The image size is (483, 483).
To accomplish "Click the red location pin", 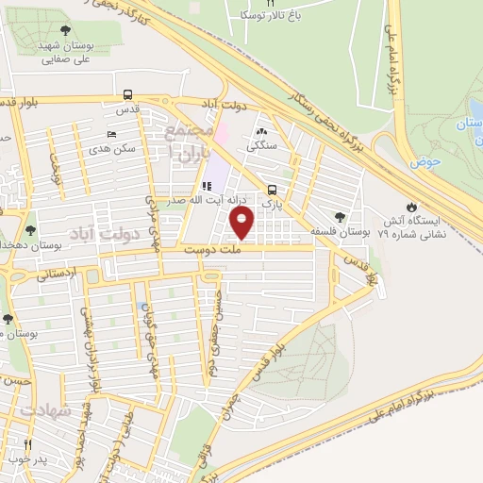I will click(242, 223).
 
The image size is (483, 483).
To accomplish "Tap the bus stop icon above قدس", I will click(126, 94).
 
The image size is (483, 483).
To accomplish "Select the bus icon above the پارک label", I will click(272, 189).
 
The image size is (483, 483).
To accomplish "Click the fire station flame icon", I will click(411, 208).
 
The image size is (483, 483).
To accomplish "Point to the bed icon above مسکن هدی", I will click(111, 135).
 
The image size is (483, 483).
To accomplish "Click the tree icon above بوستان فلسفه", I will click(339, 217).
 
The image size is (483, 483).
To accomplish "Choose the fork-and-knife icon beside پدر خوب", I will click(27, 444).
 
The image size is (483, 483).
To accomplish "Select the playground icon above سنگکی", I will click(261, 133).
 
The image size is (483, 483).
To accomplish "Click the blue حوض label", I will click(426, 162).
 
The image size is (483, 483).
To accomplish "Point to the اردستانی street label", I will click(58, 275).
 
